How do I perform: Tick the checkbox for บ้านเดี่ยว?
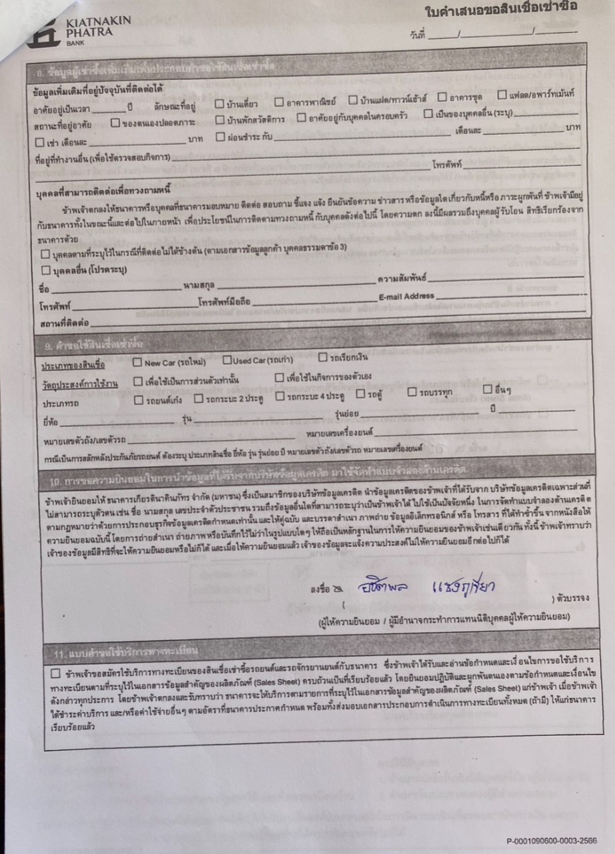coord(220,103)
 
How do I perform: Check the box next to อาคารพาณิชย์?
coord(279,103)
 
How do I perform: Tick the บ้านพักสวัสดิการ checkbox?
coord(221,120)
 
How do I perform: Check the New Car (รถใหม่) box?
coord(137,363)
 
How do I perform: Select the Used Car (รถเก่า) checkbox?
coord(227,361)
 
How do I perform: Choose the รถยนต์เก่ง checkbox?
coord(139,400)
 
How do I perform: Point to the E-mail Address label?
coord(406,296)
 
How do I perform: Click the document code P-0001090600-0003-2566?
coord(552,841)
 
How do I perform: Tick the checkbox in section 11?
coord(55,673)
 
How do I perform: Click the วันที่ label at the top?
coord(418,35)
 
